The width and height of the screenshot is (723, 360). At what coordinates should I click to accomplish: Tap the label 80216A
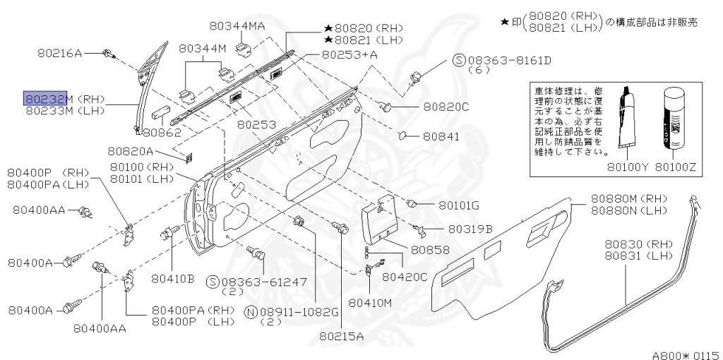point(59,53)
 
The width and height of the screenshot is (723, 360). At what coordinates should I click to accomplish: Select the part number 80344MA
point(237,26)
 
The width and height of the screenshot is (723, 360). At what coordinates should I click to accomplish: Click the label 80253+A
point(349,54)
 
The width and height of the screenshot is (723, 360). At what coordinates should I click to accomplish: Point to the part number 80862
point(162,132)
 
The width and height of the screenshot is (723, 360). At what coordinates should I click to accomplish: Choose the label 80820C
point(446,107)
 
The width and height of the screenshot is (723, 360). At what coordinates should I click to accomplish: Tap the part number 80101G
point(458,205)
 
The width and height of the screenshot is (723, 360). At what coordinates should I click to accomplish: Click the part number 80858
point(430,250)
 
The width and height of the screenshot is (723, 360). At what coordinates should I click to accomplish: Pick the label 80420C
point(405,277)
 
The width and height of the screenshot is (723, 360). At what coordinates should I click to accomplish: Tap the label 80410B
point(172,278)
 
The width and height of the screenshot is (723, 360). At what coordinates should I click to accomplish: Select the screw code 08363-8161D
point(508,61)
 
